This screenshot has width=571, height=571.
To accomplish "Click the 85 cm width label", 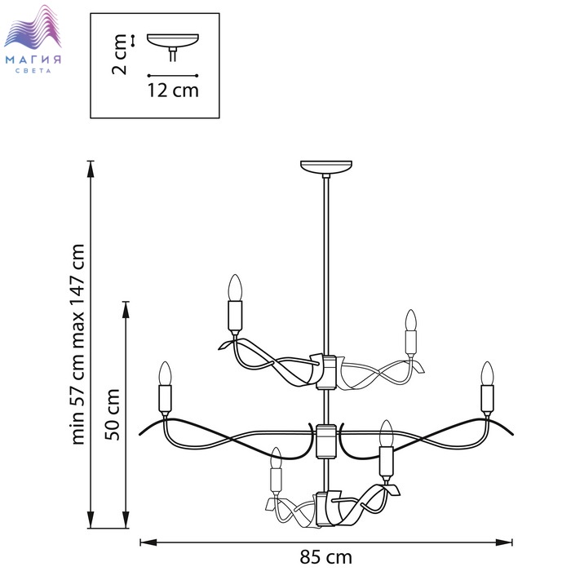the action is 326,557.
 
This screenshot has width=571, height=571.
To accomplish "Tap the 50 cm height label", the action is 113,414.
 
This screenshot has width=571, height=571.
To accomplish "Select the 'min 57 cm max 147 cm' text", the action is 78,344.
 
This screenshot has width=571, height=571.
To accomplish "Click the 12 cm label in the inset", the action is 173,91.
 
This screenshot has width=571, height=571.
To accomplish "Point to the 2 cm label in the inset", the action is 119,55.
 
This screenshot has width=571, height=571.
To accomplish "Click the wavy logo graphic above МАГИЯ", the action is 33,26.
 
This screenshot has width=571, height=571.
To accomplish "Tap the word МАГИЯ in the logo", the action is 33,60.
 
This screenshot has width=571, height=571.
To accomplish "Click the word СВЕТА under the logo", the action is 33,71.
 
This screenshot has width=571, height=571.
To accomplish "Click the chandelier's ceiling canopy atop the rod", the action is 326,166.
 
